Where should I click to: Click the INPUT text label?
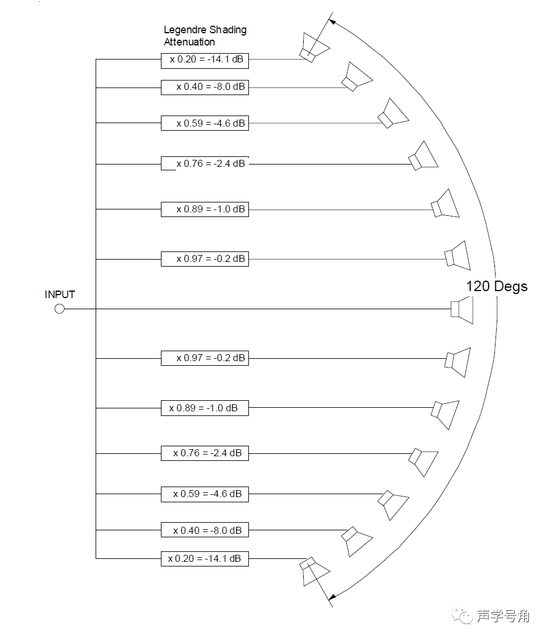[60, 295]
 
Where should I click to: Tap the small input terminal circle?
[59, 309]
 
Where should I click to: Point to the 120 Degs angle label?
[496, 286]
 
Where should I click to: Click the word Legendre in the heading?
[183, 30]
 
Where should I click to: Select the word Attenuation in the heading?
[189, 42]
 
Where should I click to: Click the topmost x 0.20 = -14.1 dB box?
[205, 59]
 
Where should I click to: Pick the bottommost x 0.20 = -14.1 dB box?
[205, 558]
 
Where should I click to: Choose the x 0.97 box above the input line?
[205, 258]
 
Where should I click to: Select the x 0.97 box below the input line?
[205, 358]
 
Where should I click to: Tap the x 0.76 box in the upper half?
[205, 163]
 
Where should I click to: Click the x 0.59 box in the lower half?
[205, 494]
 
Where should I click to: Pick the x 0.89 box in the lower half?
[205, 408]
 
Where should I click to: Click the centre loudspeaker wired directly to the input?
[462, 309]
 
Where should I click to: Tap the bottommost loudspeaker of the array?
[313, 570]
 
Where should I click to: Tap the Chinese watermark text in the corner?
[502, 616]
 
